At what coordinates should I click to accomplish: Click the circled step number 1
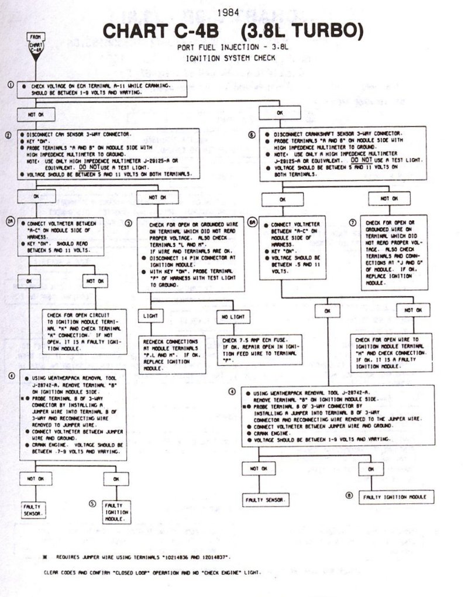tap(11, 85)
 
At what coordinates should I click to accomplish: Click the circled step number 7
tap(352, 223)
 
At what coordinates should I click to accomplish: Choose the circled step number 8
tap(349, 496)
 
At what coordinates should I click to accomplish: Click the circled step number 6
tap(252, 134)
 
